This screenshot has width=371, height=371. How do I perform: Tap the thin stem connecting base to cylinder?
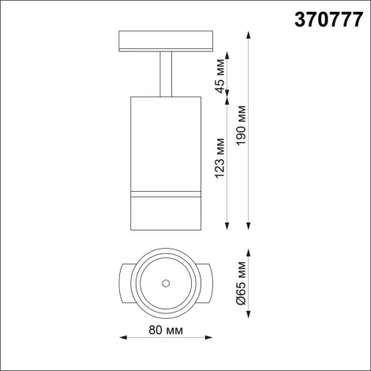[164, 75]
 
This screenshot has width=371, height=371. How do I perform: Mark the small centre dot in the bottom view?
[165, 283]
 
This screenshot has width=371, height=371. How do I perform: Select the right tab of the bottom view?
[205, 283]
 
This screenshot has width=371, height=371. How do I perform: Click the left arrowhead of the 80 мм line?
[122, 335]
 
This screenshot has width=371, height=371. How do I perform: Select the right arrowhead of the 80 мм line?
[209, 335]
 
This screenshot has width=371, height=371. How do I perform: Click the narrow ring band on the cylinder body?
[164, 193]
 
